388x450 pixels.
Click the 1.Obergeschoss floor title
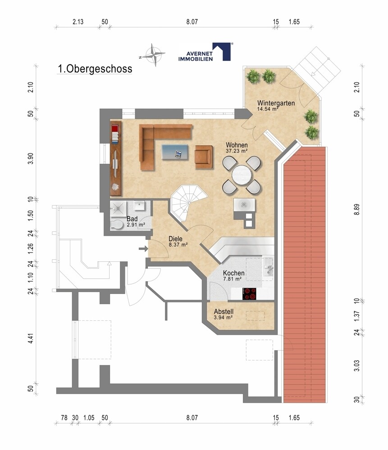tap(95, 69)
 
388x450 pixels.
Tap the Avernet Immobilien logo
tap(205, 52)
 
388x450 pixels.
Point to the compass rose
tap(154, 54)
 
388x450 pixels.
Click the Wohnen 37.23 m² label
tap(237, 147)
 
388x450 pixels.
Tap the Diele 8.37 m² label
tap(178, 241)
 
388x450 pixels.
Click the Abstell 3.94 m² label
tap(224, 314)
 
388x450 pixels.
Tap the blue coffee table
tap(175, 152)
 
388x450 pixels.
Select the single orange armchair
tap(204, 157)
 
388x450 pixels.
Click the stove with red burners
tap(250, 294)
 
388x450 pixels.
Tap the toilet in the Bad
tap(116, 225)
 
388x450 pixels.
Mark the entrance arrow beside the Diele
tap(143, 248)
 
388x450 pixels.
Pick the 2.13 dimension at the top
tap(78, 22)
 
